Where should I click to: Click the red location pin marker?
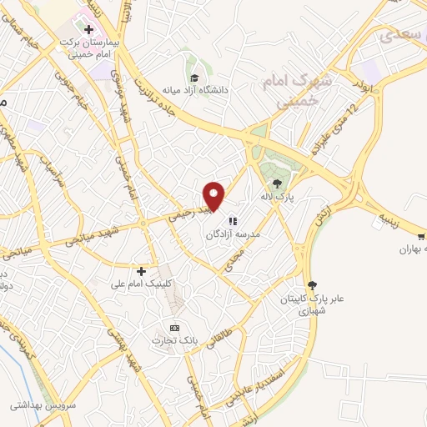(x=214, y=195)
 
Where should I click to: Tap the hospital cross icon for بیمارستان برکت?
(x=88, y=28)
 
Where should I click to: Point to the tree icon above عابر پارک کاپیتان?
(x=312, y=284)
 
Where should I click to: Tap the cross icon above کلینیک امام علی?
(x=141, y=271)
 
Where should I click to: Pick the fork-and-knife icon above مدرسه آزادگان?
(x=231, y=222)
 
